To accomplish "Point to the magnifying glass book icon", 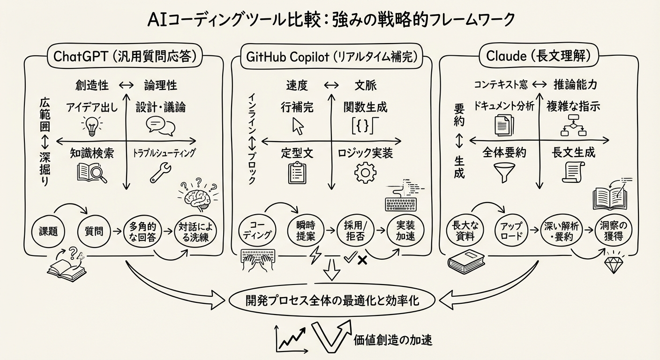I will pyautogui.click(x=91, y=172).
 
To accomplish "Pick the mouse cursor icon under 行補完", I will pyautogui.click(x=298, y=125).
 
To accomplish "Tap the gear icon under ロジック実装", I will pyautogui.click(x=365, y=172).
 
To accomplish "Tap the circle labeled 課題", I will pyautogui.click(x=48, y=231).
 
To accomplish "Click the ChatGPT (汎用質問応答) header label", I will pyautogui.click(x=125, y=57).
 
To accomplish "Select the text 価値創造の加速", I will pyautogui.click(x=393, y=340).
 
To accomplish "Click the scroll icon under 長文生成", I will pyautogui.click(x=573, y=172).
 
